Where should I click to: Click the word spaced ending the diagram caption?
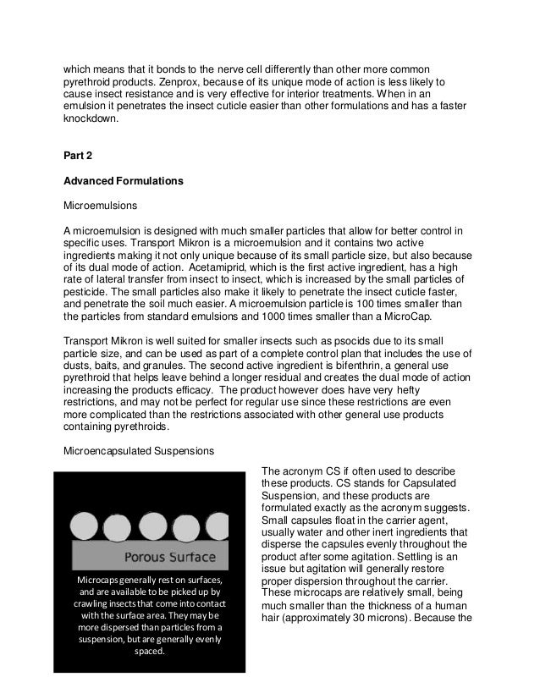149,652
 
